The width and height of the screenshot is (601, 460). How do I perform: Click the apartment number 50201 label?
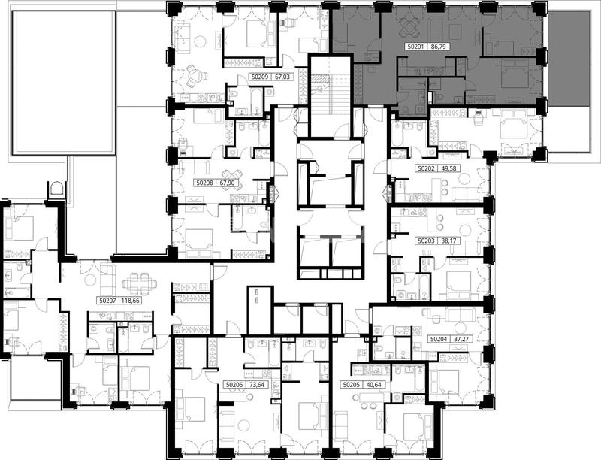(x=415, y=47)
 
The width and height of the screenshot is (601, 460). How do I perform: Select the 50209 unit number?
(x=260, y=77)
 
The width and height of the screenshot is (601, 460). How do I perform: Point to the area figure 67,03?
(x=282, y=77)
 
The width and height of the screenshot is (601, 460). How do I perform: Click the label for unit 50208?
(x=204, y=183)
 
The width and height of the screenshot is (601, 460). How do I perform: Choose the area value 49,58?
(x=448, y=168)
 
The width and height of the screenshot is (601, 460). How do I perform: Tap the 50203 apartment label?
(x=425, y=241)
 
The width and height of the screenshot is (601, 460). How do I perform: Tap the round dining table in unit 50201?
(x=409, y=26)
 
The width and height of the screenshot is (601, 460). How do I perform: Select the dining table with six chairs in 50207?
(x=140, y=284)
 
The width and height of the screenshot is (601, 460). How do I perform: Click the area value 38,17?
(x=448, y=241)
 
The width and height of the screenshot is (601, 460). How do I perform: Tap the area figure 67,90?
(x=228, y=183)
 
